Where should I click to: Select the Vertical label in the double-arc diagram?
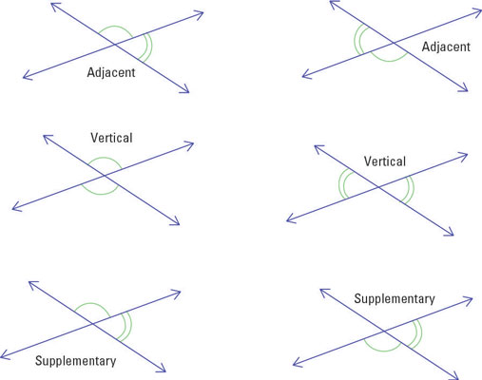[384, 161]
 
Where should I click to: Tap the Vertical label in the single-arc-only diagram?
[111, 138]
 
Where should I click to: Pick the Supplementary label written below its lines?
[75, 361]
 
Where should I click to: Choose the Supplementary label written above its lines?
[395, 299]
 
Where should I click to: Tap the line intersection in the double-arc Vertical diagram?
[376, 187]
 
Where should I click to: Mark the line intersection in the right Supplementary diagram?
[384, 332]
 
